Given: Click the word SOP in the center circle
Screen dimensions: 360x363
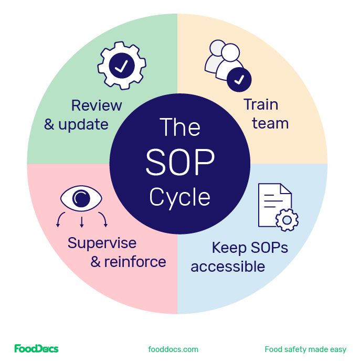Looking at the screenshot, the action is pyautogui.click(x=180, y=162).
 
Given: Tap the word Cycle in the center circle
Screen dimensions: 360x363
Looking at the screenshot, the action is pyautogui.click(x=179, y=197).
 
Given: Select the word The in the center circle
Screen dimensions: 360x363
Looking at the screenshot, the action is pyautogui.click(x=179, y=127).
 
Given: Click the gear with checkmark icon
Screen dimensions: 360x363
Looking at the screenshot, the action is pyautogui.click(x=122, y=66).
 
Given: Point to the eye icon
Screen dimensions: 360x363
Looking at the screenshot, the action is pyautogui.click(x=81, y=198).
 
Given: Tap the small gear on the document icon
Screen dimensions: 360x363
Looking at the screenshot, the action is pyautogui.click(x=287, y=220).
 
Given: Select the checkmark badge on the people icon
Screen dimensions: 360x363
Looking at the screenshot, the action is pyautogui.click(x=239, y=80).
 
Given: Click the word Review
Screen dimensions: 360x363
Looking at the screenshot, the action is pyautogui.click(x=97, y=105).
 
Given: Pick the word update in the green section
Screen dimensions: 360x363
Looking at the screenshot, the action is pyautogui.click(x=83, y=125).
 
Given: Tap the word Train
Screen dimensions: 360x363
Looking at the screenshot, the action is pyautogui.click(x=261, y=104).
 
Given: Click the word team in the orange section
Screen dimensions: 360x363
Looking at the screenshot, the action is pyautogui.click(x=270, y=124).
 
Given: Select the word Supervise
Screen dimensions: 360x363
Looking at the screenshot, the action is pyautogui.click(x=102, y=243).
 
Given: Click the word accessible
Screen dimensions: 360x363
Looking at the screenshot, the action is pyautogui.click(x=228, y=266).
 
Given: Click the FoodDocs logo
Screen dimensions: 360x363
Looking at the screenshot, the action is pyautogui.click(x=36, y=349).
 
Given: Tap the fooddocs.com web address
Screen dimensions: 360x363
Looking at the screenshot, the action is pyautogui.click(x=173, y=349).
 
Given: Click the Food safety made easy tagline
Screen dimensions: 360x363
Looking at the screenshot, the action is pyautogui.click(x=305, y=349).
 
